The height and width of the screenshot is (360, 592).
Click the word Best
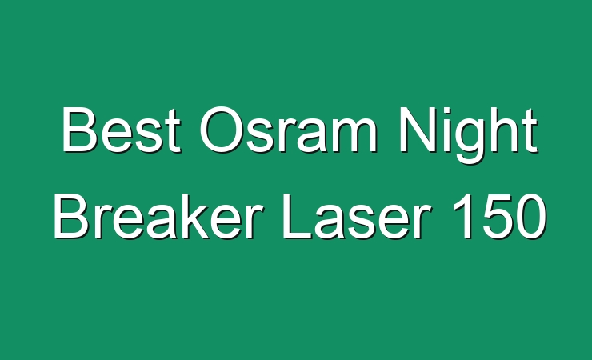122,130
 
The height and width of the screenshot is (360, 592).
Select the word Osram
289,130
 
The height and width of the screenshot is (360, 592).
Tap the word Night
469,135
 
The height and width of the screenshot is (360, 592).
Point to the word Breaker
158,216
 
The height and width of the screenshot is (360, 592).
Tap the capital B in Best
80,130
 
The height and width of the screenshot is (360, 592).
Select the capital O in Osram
221,130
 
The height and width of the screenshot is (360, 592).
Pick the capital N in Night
418,130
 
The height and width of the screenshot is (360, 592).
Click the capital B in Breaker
73,216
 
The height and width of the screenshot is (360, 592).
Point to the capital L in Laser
298,216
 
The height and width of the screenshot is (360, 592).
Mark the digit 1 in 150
465,216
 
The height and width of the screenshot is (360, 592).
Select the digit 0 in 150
531,217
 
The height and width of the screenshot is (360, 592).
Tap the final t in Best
174,132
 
